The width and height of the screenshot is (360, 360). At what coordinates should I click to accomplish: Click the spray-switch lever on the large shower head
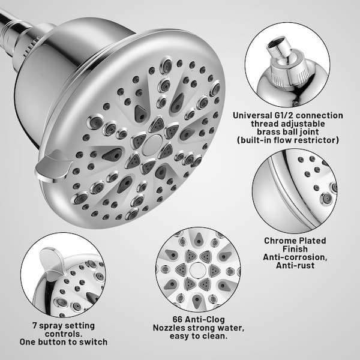pyautogui.click(x=53, y=166)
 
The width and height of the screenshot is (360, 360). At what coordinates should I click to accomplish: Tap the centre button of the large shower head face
pyautogui.click(x=152, y=145)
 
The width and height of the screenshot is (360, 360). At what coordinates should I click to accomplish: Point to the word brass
pyautogui.click(x=267, y=132)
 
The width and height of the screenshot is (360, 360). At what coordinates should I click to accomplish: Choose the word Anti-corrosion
pyautogui.click(x=295, y=257)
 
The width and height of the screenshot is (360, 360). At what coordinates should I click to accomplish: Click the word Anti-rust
pyautogui.click(x=295, y=265)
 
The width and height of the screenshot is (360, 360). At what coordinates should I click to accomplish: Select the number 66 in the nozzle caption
pyautogui.click(x=178, y=319)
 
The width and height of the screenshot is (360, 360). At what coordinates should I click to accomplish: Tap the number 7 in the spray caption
pyautogui.click(x=35, y=326)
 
